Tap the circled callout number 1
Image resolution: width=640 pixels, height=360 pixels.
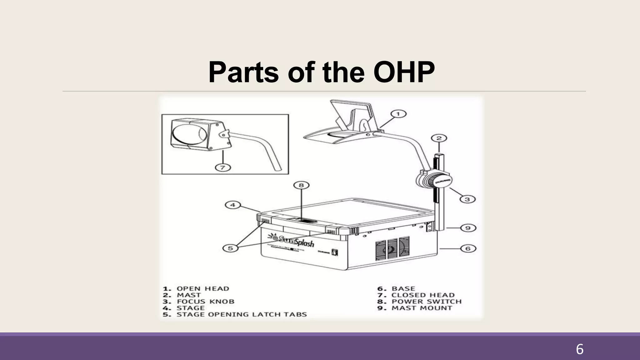398,114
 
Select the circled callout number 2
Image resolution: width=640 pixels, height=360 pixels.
439,138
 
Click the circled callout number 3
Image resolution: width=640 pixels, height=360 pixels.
467,199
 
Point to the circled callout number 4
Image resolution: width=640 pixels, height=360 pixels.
233,205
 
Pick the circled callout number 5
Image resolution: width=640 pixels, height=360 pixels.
230,248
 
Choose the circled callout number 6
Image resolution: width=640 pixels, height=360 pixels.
468,248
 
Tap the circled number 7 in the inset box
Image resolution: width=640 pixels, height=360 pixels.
223,167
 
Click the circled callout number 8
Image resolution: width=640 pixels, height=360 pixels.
301,185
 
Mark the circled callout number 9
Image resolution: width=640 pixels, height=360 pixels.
468,228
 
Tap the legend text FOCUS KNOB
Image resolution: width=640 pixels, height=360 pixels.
205,302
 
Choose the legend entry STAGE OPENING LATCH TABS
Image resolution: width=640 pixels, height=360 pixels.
242,314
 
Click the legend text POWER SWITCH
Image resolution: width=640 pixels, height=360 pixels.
426,302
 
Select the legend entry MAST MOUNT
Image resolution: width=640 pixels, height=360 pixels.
422,308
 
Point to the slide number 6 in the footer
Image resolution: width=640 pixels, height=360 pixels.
579,349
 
